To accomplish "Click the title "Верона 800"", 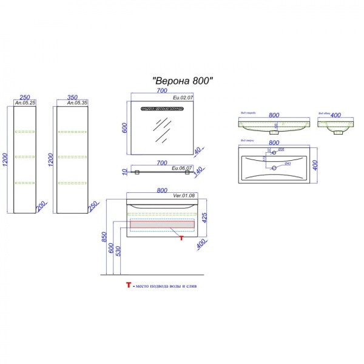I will point(182,80).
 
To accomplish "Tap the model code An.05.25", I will point(25,104).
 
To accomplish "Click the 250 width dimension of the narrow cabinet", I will point(25,97).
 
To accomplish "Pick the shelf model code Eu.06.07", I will point(182,168).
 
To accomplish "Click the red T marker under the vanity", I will point(181,237).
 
